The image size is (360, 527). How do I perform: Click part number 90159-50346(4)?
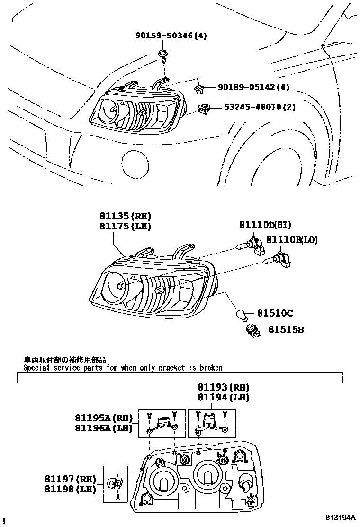click(171, 36)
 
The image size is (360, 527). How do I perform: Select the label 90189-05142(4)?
click(253, 87)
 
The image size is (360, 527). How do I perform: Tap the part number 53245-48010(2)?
click(260, 107)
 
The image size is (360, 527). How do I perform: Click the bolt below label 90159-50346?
click(162, 56)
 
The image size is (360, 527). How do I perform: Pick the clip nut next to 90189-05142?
click(199, 88)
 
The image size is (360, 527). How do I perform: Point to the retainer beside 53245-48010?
click(204, 109)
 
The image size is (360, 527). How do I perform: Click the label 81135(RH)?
click(125, 217)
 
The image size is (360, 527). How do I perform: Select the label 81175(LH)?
click(125, 227)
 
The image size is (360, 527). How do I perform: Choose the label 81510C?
click(275, 313)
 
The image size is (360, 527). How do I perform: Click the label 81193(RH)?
click(223, 387)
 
